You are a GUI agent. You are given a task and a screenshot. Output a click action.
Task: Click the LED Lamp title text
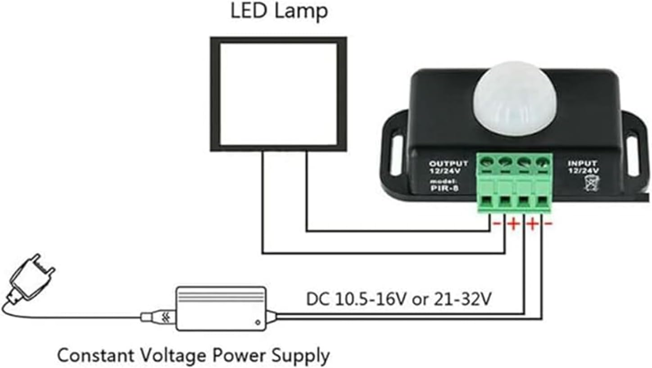click(x=279, y=11)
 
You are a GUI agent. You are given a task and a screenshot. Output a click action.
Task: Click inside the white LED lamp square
click(x=278, y=94)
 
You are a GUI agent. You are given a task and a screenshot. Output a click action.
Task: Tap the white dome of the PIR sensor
click(x=508, y=101)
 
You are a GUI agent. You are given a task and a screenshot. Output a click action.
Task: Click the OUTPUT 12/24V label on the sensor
click(x=448, y=167)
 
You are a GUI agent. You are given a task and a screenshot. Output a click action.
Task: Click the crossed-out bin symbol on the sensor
click(x=589, y=184)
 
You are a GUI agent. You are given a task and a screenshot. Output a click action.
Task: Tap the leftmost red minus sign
click(x=497, y=224)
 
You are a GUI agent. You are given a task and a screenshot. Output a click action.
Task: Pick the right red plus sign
click(x=532, y=224)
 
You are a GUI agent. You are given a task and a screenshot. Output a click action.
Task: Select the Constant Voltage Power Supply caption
click(x=194, y=355)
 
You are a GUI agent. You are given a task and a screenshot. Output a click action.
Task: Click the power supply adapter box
click(x=221, y=309)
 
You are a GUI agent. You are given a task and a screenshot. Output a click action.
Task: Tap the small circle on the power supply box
click(x=257, y=322)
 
